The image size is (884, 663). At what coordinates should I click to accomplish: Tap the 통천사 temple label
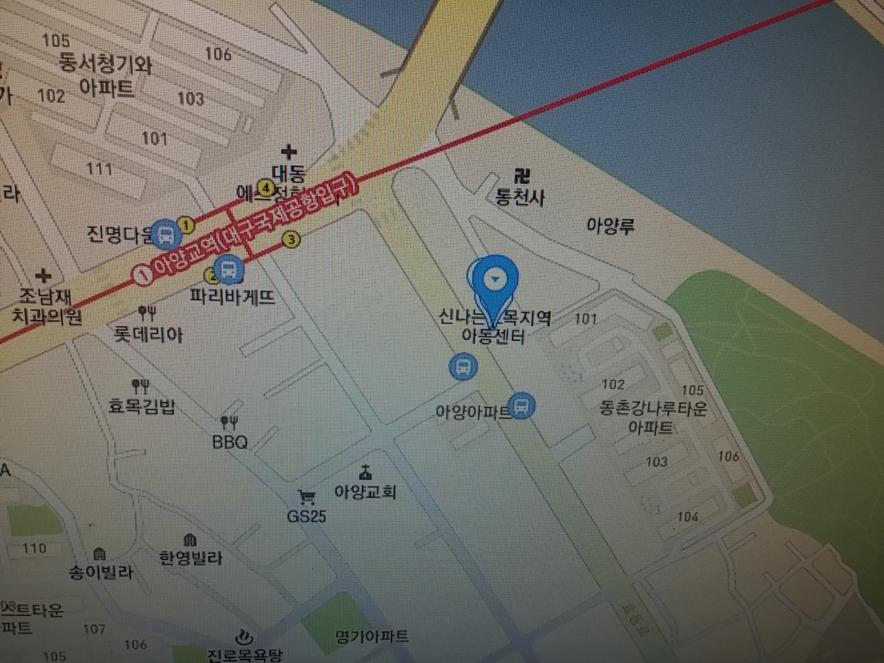pyautogui.click(x=520, y=198)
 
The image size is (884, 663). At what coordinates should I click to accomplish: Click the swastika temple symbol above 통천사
pyautogui.click(x=521, y=175)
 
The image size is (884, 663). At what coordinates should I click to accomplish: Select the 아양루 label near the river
pyautogui.click(x=610, y=226)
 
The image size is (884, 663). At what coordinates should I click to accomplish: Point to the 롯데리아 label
pyautogui.click(x=148, y=335)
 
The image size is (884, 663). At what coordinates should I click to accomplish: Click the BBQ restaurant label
pyautogui.click(x=230, y=442)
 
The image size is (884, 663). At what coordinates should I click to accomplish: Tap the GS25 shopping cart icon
pyautogui.click(x=306, y=497)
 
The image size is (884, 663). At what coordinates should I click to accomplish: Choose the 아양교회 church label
pyautogui.click(x=365, y=492)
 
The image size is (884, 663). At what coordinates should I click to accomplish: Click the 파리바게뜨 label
pyautogui.click(x=233, y=297)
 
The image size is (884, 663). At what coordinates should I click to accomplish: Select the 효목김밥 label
pyautogui.click(x=142, y=405)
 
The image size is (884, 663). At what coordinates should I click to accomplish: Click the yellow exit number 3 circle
pyautogui.click(x=292, y=240)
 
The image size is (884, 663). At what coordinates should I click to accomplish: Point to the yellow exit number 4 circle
pyautogui.click(x=265, y=186)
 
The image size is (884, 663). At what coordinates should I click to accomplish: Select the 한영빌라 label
pyautogui.click(x=191, y=557)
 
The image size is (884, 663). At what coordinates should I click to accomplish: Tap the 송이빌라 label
pyautogui.click(x=101, y=573)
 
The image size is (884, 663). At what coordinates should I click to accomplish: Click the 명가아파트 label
pyautogui.click(x=372, y=636)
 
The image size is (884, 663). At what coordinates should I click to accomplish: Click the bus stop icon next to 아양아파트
pyautogui.click(x=522, y=406)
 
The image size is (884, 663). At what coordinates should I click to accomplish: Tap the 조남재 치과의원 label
pyautogui.click(x=46, y=307)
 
